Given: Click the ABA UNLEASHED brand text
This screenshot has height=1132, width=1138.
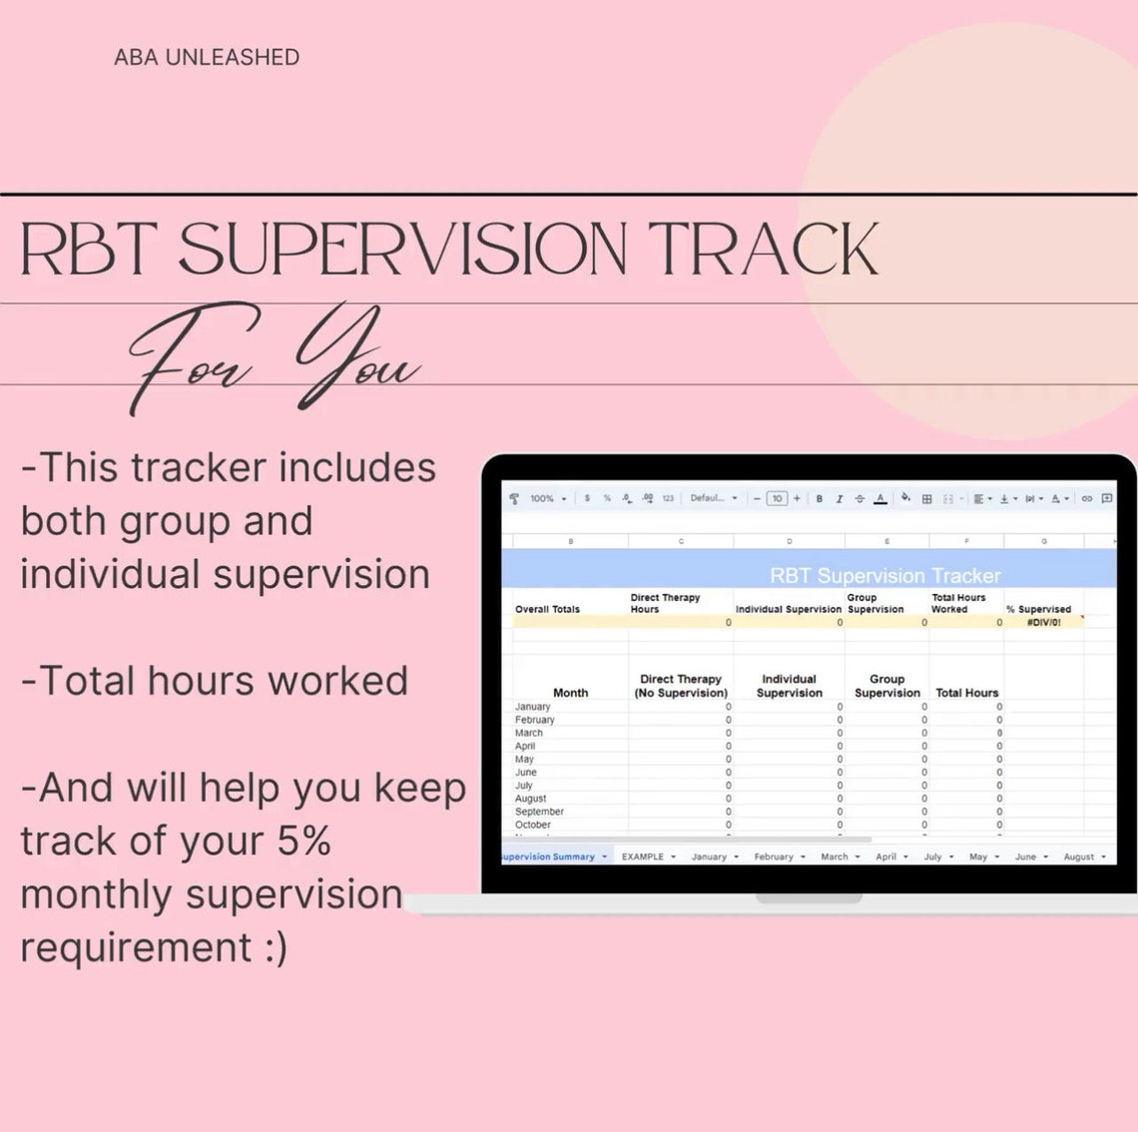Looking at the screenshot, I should (207, 58).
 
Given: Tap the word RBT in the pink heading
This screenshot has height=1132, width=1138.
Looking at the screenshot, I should (88, 250).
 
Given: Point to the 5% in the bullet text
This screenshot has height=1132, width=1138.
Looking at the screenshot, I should (303, 842).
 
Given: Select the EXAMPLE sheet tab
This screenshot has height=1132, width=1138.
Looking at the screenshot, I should (643, 856).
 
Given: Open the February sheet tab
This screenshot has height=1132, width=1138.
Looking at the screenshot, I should (774, 856).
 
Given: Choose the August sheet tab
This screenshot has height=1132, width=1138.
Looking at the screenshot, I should (1079, 856).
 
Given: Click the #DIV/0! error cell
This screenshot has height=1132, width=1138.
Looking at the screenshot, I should (1043, 622).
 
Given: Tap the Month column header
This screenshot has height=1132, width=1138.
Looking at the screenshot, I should (570, 693).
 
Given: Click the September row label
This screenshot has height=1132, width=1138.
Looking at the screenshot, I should (539, 812).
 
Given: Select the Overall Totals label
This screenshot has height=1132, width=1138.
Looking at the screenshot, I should (547, 609).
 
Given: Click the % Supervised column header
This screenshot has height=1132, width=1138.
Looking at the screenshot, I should (1038, 609).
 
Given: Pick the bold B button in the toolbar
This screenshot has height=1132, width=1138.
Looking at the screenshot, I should (820, 498).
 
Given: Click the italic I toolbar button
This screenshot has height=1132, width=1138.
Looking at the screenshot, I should (839, 498).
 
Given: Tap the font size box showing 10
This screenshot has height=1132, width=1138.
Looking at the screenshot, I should (777, 498).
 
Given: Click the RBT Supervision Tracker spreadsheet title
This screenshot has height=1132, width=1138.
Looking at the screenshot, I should (884, 576).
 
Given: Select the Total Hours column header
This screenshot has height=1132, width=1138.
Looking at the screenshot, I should (966, 693).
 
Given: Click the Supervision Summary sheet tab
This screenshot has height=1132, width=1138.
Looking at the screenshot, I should (548, 856).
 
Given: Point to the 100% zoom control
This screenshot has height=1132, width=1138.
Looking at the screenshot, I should (542, 498).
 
